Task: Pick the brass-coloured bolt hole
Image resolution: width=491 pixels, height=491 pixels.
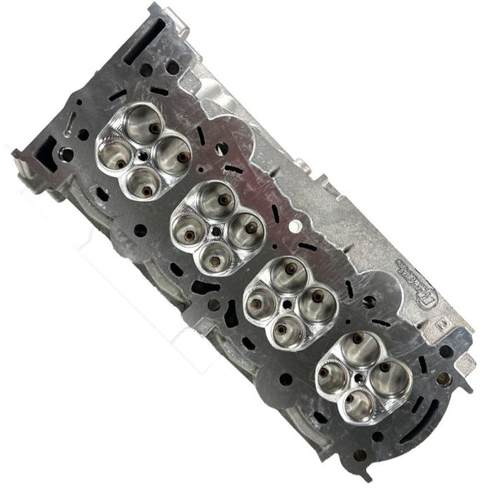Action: (x=443, y=377)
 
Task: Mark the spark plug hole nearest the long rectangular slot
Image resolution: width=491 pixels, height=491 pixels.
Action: (x=145, y=152)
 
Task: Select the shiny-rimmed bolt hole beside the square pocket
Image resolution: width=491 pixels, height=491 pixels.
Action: (x=68, y=154)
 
